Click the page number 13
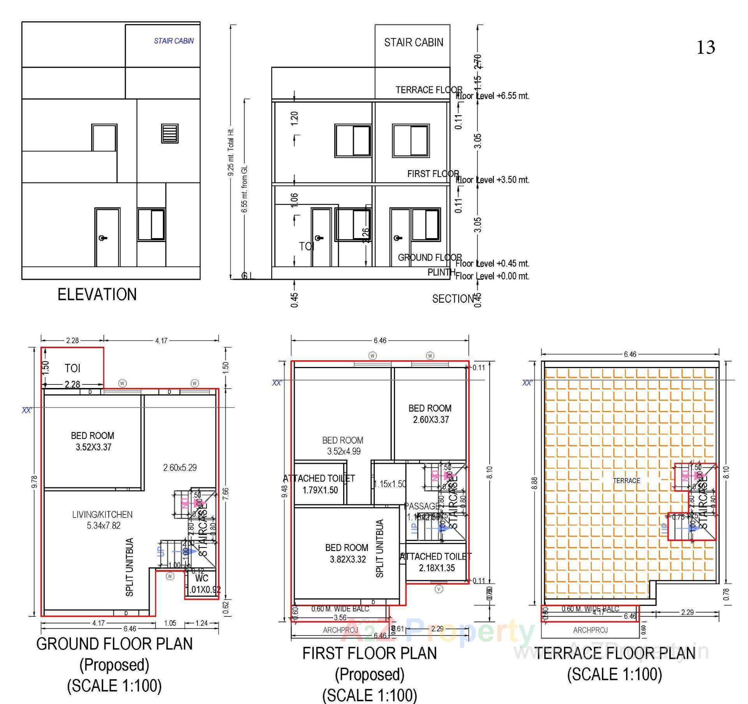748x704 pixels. [x=705, y=47]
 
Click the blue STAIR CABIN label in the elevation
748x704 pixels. [x=173, y=41]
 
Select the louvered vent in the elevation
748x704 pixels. [x=170, y=133]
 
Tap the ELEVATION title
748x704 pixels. [x=97, y=295]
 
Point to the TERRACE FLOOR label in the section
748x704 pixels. [x=429, y=90]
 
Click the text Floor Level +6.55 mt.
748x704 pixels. [x=492, y=96]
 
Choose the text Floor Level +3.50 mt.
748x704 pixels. [x=492, y=180]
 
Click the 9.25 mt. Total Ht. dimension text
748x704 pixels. [x=231, y=152]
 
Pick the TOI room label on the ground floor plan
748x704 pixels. [x=72, y=368]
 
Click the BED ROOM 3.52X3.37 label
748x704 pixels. [x=93, y=441]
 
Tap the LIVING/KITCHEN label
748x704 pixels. [x=102, y=520]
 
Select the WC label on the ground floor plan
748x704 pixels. [x=201, y=578]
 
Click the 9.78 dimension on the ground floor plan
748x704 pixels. [x=34, y=482]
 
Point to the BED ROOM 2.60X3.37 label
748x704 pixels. [x=430, y=414]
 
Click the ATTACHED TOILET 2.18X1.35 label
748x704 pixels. [x=436, y=562]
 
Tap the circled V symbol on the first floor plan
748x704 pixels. [x=439, y=589]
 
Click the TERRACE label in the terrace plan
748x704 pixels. [x=626, y=481]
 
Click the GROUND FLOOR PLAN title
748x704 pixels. [x=115, y=644]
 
